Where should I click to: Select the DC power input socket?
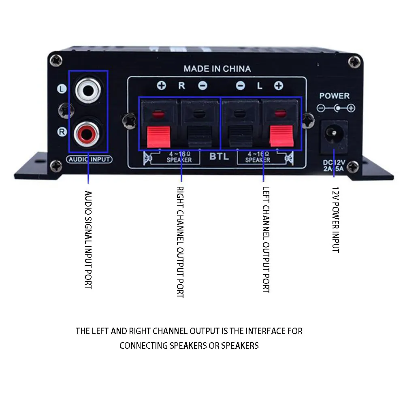[334, 133]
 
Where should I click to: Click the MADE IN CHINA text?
[217, 69]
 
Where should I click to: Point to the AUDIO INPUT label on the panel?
[89, 159]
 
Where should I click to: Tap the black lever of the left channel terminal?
[240, 136]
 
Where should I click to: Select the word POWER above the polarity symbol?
[334, 96]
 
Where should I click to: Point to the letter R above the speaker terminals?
[182, 86]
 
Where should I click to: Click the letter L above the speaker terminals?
[260, 86]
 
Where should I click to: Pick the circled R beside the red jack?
[62, 131]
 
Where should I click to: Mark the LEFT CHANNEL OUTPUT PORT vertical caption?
[266, 239]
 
